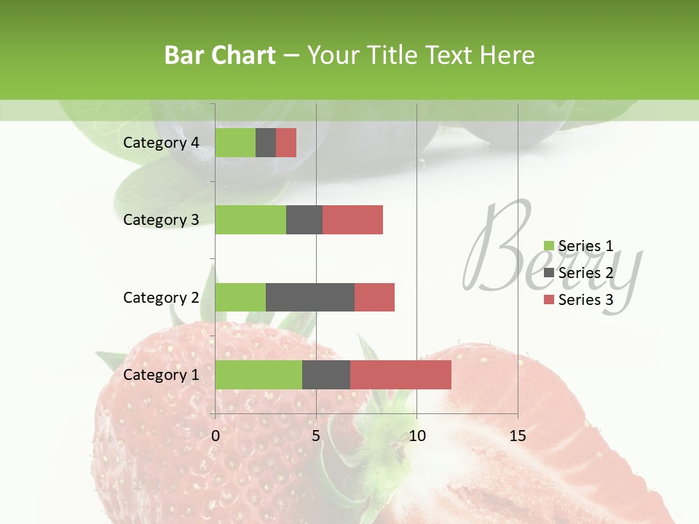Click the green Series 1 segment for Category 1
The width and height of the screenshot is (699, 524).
pos(258,375)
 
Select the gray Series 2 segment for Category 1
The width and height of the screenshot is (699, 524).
pos(326,375)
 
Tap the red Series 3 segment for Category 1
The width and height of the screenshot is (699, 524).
pos(400,375)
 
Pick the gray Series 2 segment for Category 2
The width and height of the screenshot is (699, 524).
pos(310,297)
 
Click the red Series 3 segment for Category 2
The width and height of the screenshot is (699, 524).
pos(374,297)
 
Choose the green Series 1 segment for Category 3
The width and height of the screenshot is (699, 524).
pos(250,220)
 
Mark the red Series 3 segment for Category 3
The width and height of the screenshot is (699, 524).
pos(352,220)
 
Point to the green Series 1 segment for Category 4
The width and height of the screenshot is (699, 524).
pos(235,143)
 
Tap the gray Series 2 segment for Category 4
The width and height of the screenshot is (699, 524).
pos(266,143)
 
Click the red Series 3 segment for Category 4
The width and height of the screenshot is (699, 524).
pos(286,143)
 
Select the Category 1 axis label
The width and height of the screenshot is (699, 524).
pos(161,375)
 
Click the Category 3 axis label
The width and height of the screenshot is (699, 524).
pos(161,220)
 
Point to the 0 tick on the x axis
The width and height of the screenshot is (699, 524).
pos(216,436)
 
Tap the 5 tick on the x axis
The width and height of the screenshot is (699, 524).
pos(316,436)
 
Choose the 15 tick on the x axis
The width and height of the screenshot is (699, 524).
pos(518,436)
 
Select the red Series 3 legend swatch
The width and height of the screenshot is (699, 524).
pos(549,300)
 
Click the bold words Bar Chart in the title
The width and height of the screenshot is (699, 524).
pos(220,55)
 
